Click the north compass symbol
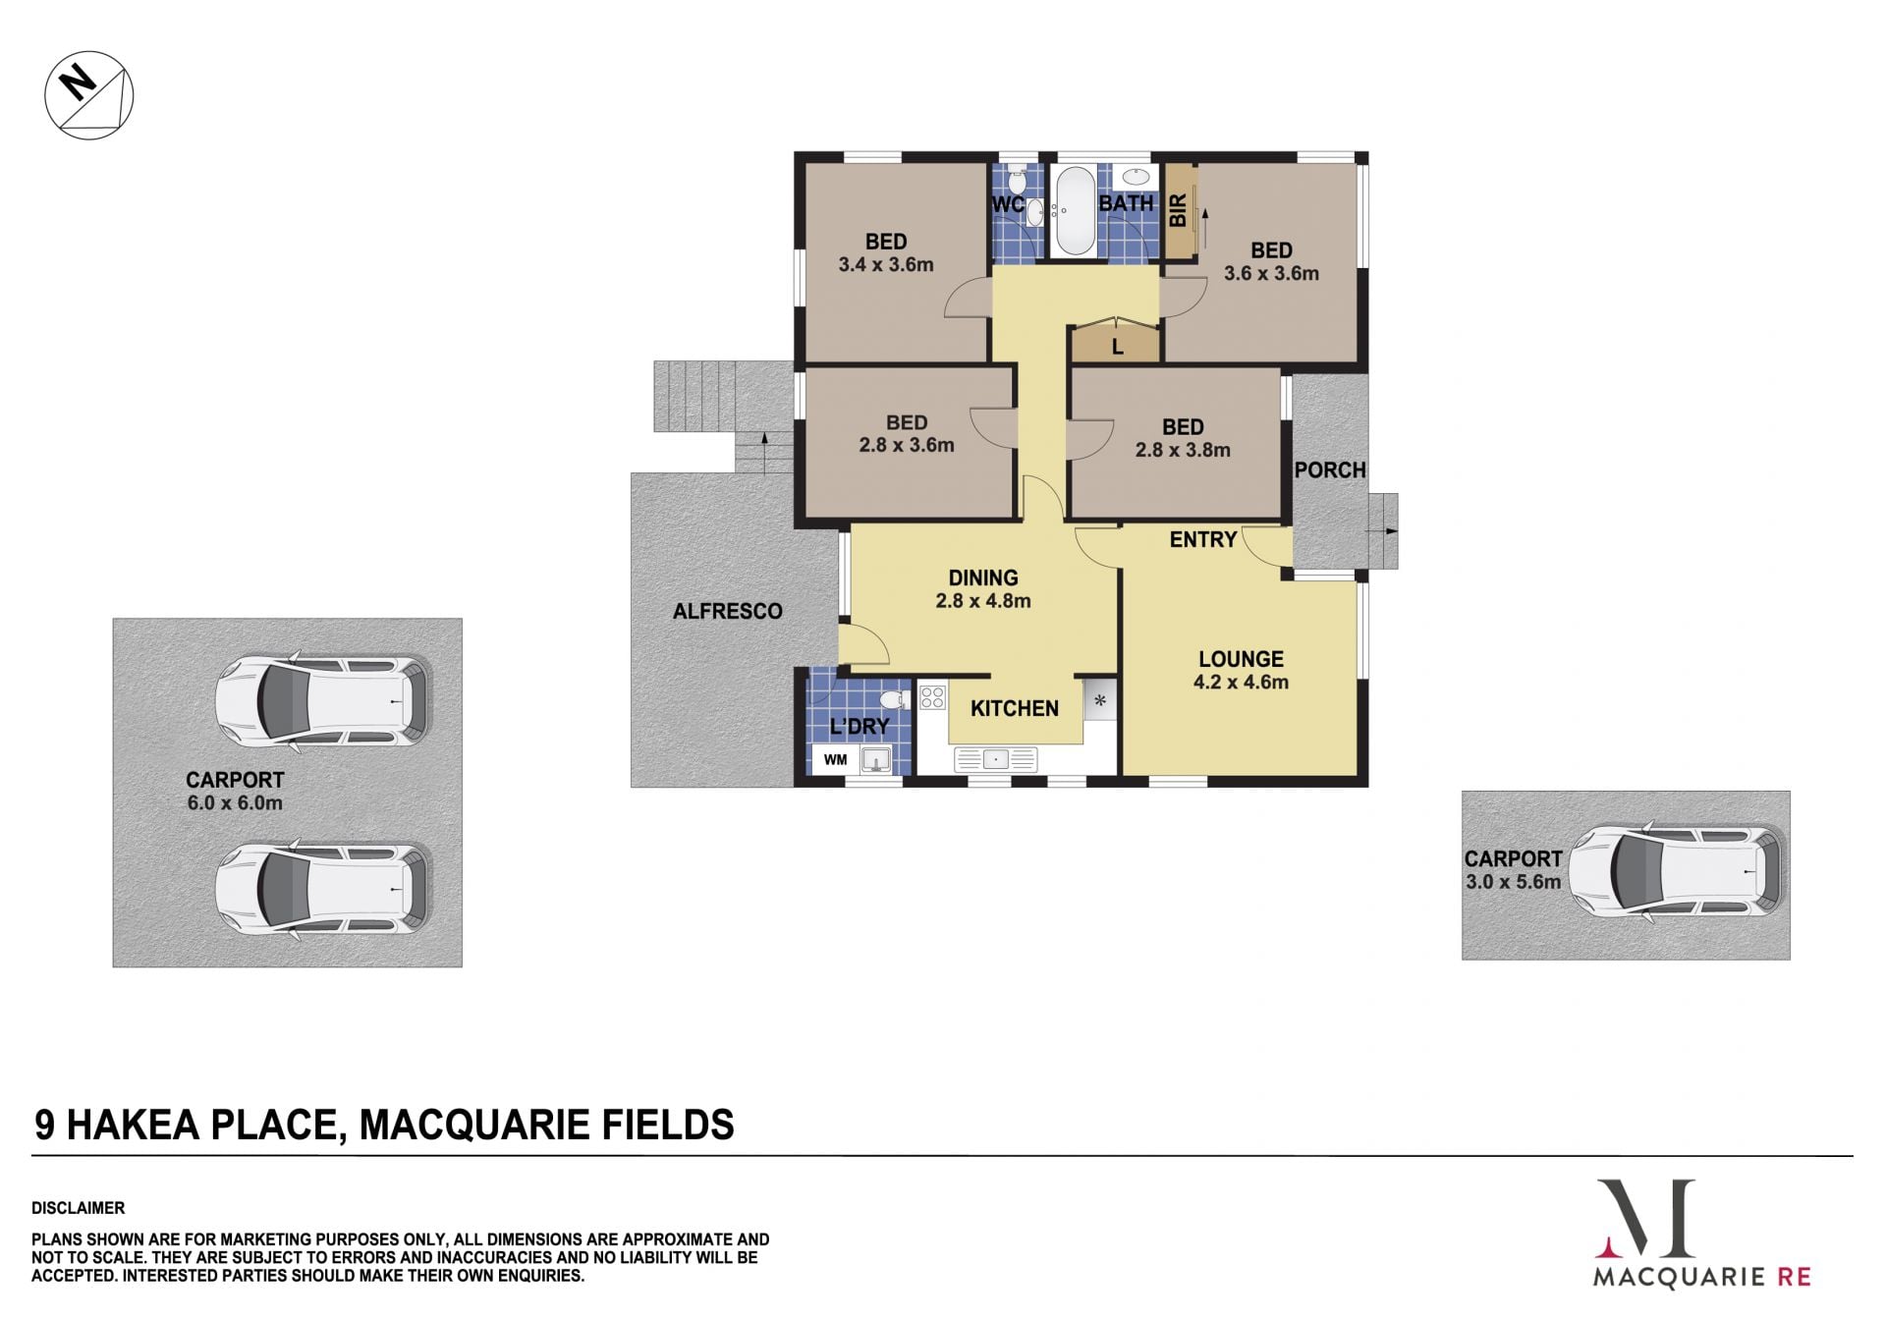(x=88, y=95)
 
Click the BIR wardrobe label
(x=1178, y=210)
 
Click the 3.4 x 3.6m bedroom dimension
(x=886, y=264)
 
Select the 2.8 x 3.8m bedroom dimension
(x=1183, y=450)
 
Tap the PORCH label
(x=1330, y=470)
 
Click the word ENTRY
(x=1203, y=539)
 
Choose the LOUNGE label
(x=1241, y=659)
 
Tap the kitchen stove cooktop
(x=932, y=697)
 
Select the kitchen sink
(x=995, y=759)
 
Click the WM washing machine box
(x=836, y=759)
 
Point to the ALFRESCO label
(x=728, y=611)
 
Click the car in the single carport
(x=1675, y=871)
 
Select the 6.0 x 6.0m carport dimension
(x=235, y=802)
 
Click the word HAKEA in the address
(x=133, y=1125)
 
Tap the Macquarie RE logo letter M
(x=1645, y=1219)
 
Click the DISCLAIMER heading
(x=78, y=1208)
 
